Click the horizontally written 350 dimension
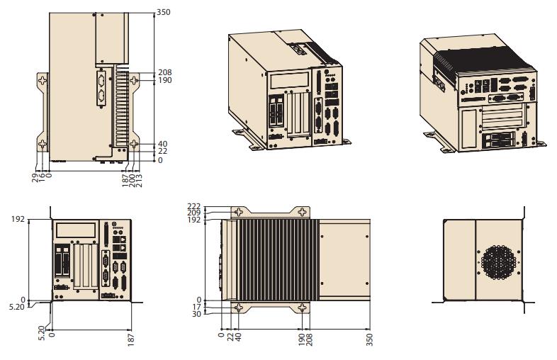pos(164,12)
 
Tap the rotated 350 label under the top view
pos(369,338)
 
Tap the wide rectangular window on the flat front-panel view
pos(76,230)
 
